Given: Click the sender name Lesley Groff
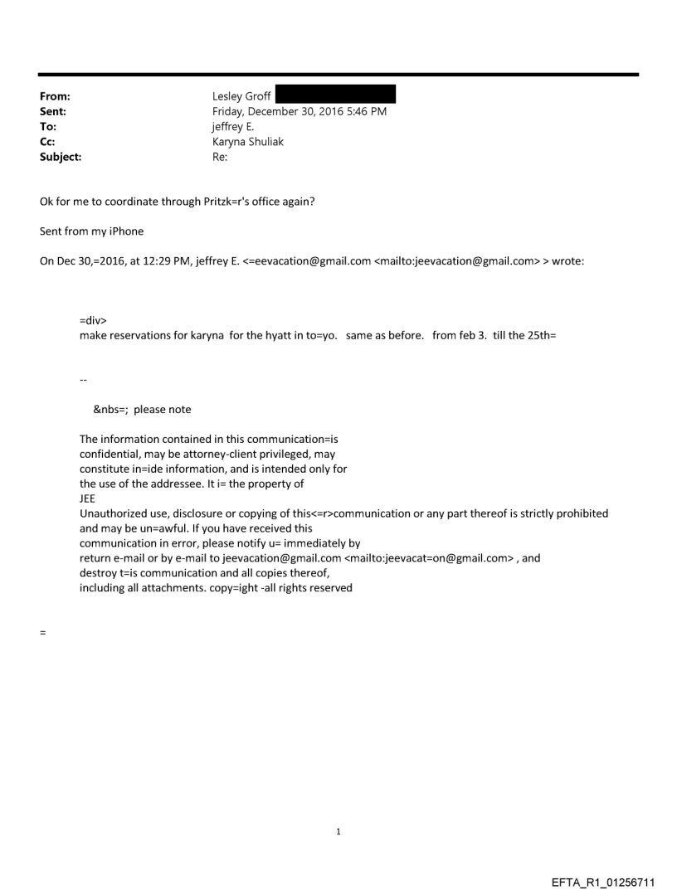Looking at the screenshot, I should pyautogui.click(x=241, y=96).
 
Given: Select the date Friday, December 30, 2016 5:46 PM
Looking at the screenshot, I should pyautogui.click(x=300, y=111).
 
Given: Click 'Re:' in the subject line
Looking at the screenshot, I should pyautogui.click(x=220, y=156).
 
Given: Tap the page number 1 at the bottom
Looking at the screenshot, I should pyautogui.click(x=338, y=831).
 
